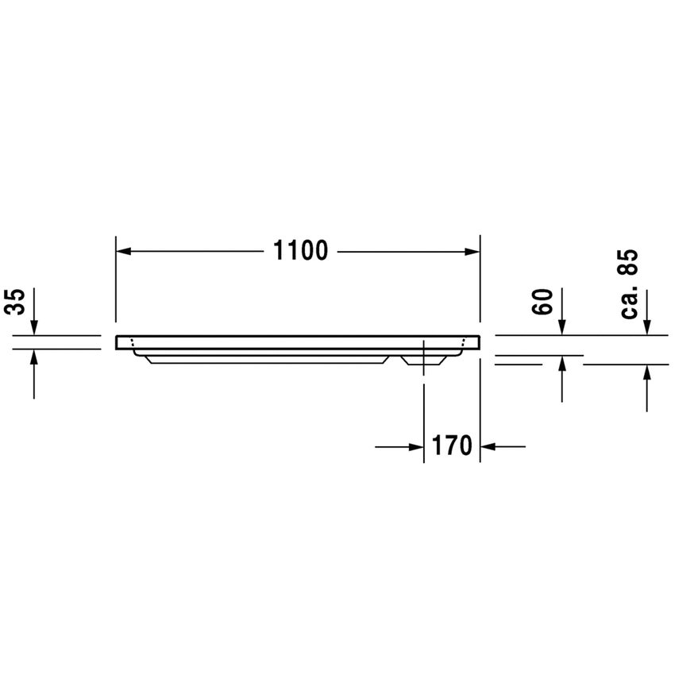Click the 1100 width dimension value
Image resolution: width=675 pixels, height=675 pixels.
(x=300, y=251)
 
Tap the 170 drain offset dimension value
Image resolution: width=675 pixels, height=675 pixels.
(x=453, y=446)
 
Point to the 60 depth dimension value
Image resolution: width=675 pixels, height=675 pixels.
(x=542, y=302)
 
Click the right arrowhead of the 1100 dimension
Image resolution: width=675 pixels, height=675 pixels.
(x=474, y=251)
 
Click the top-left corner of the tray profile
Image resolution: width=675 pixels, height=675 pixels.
(x=117, y=336)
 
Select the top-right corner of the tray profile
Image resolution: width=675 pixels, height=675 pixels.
(x=480, y=336)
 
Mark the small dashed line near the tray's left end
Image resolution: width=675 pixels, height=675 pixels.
(x=133, y=346)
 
